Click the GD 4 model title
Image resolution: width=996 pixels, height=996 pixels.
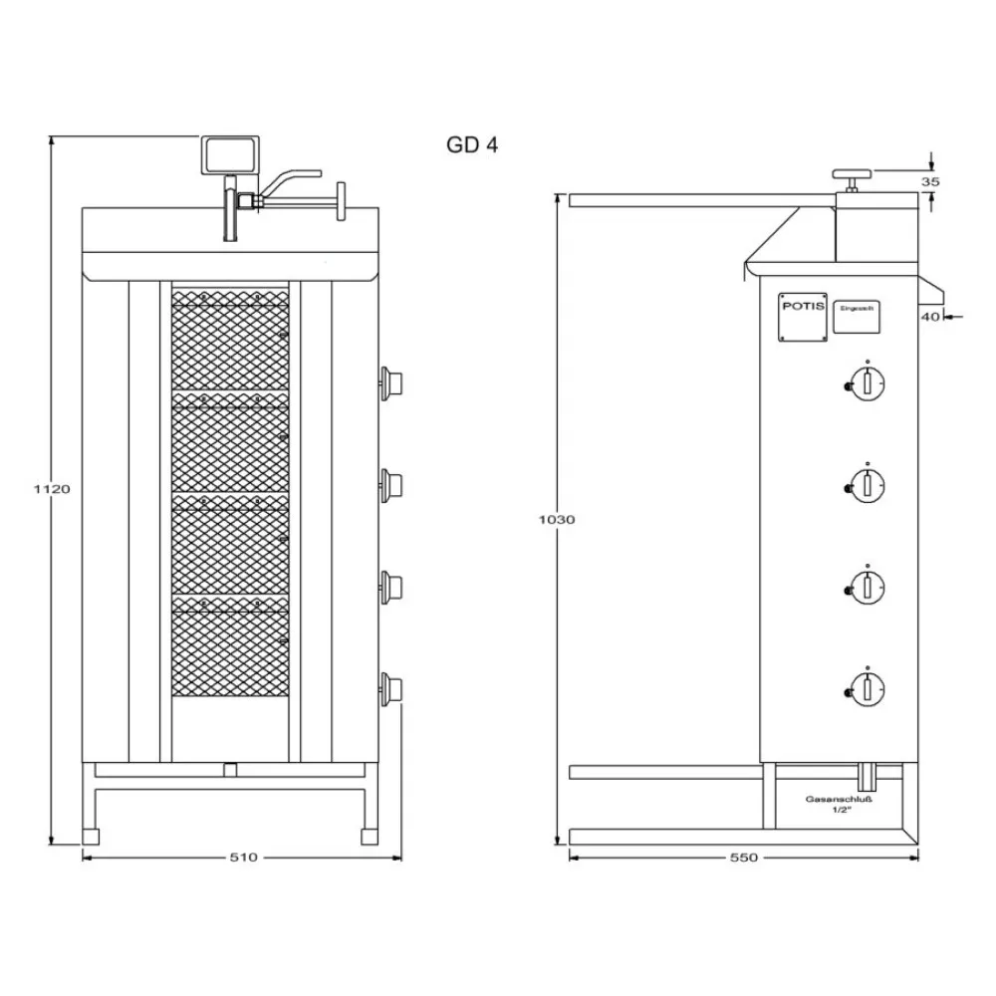point(472,145)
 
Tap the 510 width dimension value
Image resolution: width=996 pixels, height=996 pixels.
point(243,857)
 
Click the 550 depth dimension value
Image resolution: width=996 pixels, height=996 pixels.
point(744,857)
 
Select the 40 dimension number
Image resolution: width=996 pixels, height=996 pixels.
point(928,317)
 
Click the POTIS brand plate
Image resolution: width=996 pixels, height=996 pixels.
point(803,320)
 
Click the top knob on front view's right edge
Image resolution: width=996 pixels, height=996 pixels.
point(390,380)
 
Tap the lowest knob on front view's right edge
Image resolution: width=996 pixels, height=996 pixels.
point(390,685)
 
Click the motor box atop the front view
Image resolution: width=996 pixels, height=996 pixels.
point(231,154)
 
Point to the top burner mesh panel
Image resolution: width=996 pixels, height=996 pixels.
point(230,341)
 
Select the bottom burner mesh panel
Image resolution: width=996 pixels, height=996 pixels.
point(230,647)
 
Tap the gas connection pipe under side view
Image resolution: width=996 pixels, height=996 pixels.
point(868,774)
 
